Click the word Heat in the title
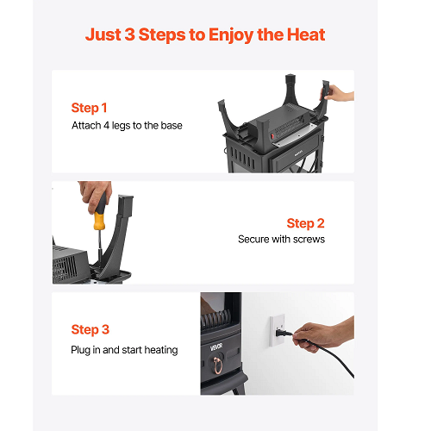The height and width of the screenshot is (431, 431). pos(306,34)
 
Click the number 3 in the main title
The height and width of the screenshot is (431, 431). pos(130,34)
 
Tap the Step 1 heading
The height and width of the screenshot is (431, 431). pos(89,108)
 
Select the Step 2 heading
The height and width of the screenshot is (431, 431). pos(305,223)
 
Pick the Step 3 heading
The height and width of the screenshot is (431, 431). pos(91,329)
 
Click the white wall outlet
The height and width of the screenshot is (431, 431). pos(278,330)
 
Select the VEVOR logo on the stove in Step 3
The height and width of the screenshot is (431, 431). pos(216,347)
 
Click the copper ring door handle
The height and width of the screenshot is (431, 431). pos(217,365)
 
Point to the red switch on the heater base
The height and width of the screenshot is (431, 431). pos(272,134)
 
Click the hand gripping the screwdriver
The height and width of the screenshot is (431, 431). pos(94,196)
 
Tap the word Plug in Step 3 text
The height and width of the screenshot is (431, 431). pos(80,350)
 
